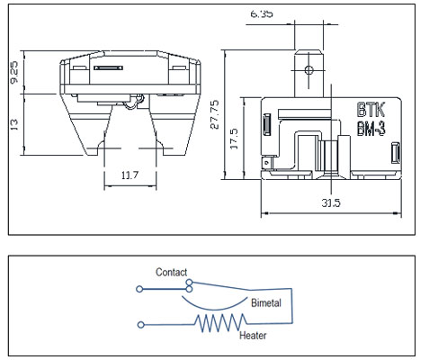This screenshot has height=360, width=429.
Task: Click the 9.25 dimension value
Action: click(x=14, y=72)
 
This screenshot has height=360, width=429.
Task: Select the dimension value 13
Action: click(x=14, y=124)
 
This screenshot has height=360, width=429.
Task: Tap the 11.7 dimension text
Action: click(x=130, y=175)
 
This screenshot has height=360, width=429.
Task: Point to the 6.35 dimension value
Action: click(x=262, y=13)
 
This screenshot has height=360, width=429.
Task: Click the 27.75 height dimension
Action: click(x=215, y=114)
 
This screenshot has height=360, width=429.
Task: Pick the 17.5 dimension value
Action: click(x=234, y=139)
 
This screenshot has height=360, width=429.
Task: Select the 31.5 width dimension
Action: click(x=331, y=203)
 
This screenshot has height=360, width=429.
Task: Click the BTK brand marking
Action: click(x=371, y=110)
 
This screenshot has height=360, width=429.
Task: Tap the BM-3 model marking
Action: click(x=371, y=129)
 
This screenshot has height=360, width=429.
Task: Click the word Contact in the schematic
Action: click(x=171, y=272)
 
